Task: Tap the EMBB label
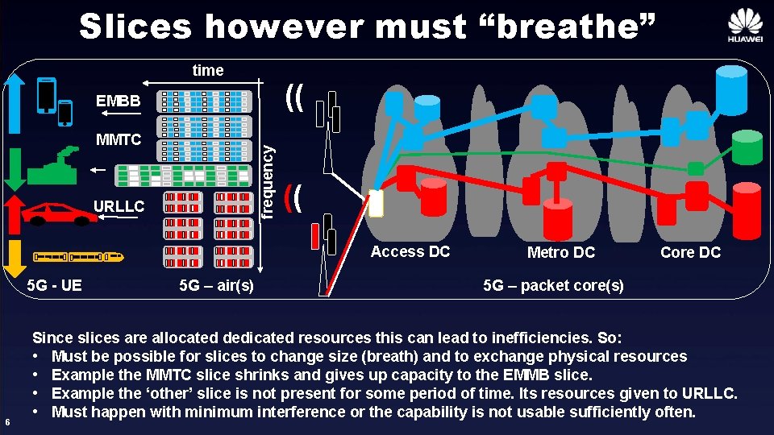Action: (118, 101)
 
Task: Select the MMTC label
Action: (118, 139)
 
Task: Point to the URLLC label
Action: (119, 207)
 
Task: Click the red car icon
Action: (54, 214)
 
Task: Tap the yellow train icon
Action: (79, 257)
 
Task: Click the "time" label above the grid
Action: (208, 70)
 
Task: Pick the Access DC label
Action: (410, 251)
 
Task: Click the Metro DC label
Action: (560, 252)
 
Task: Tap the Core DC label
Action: (690, 252)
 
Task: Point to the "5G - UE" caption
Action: (54, 284)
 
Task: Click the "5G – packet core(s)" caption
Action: (553, 285)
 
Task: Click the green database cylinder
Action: (747, 147)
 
